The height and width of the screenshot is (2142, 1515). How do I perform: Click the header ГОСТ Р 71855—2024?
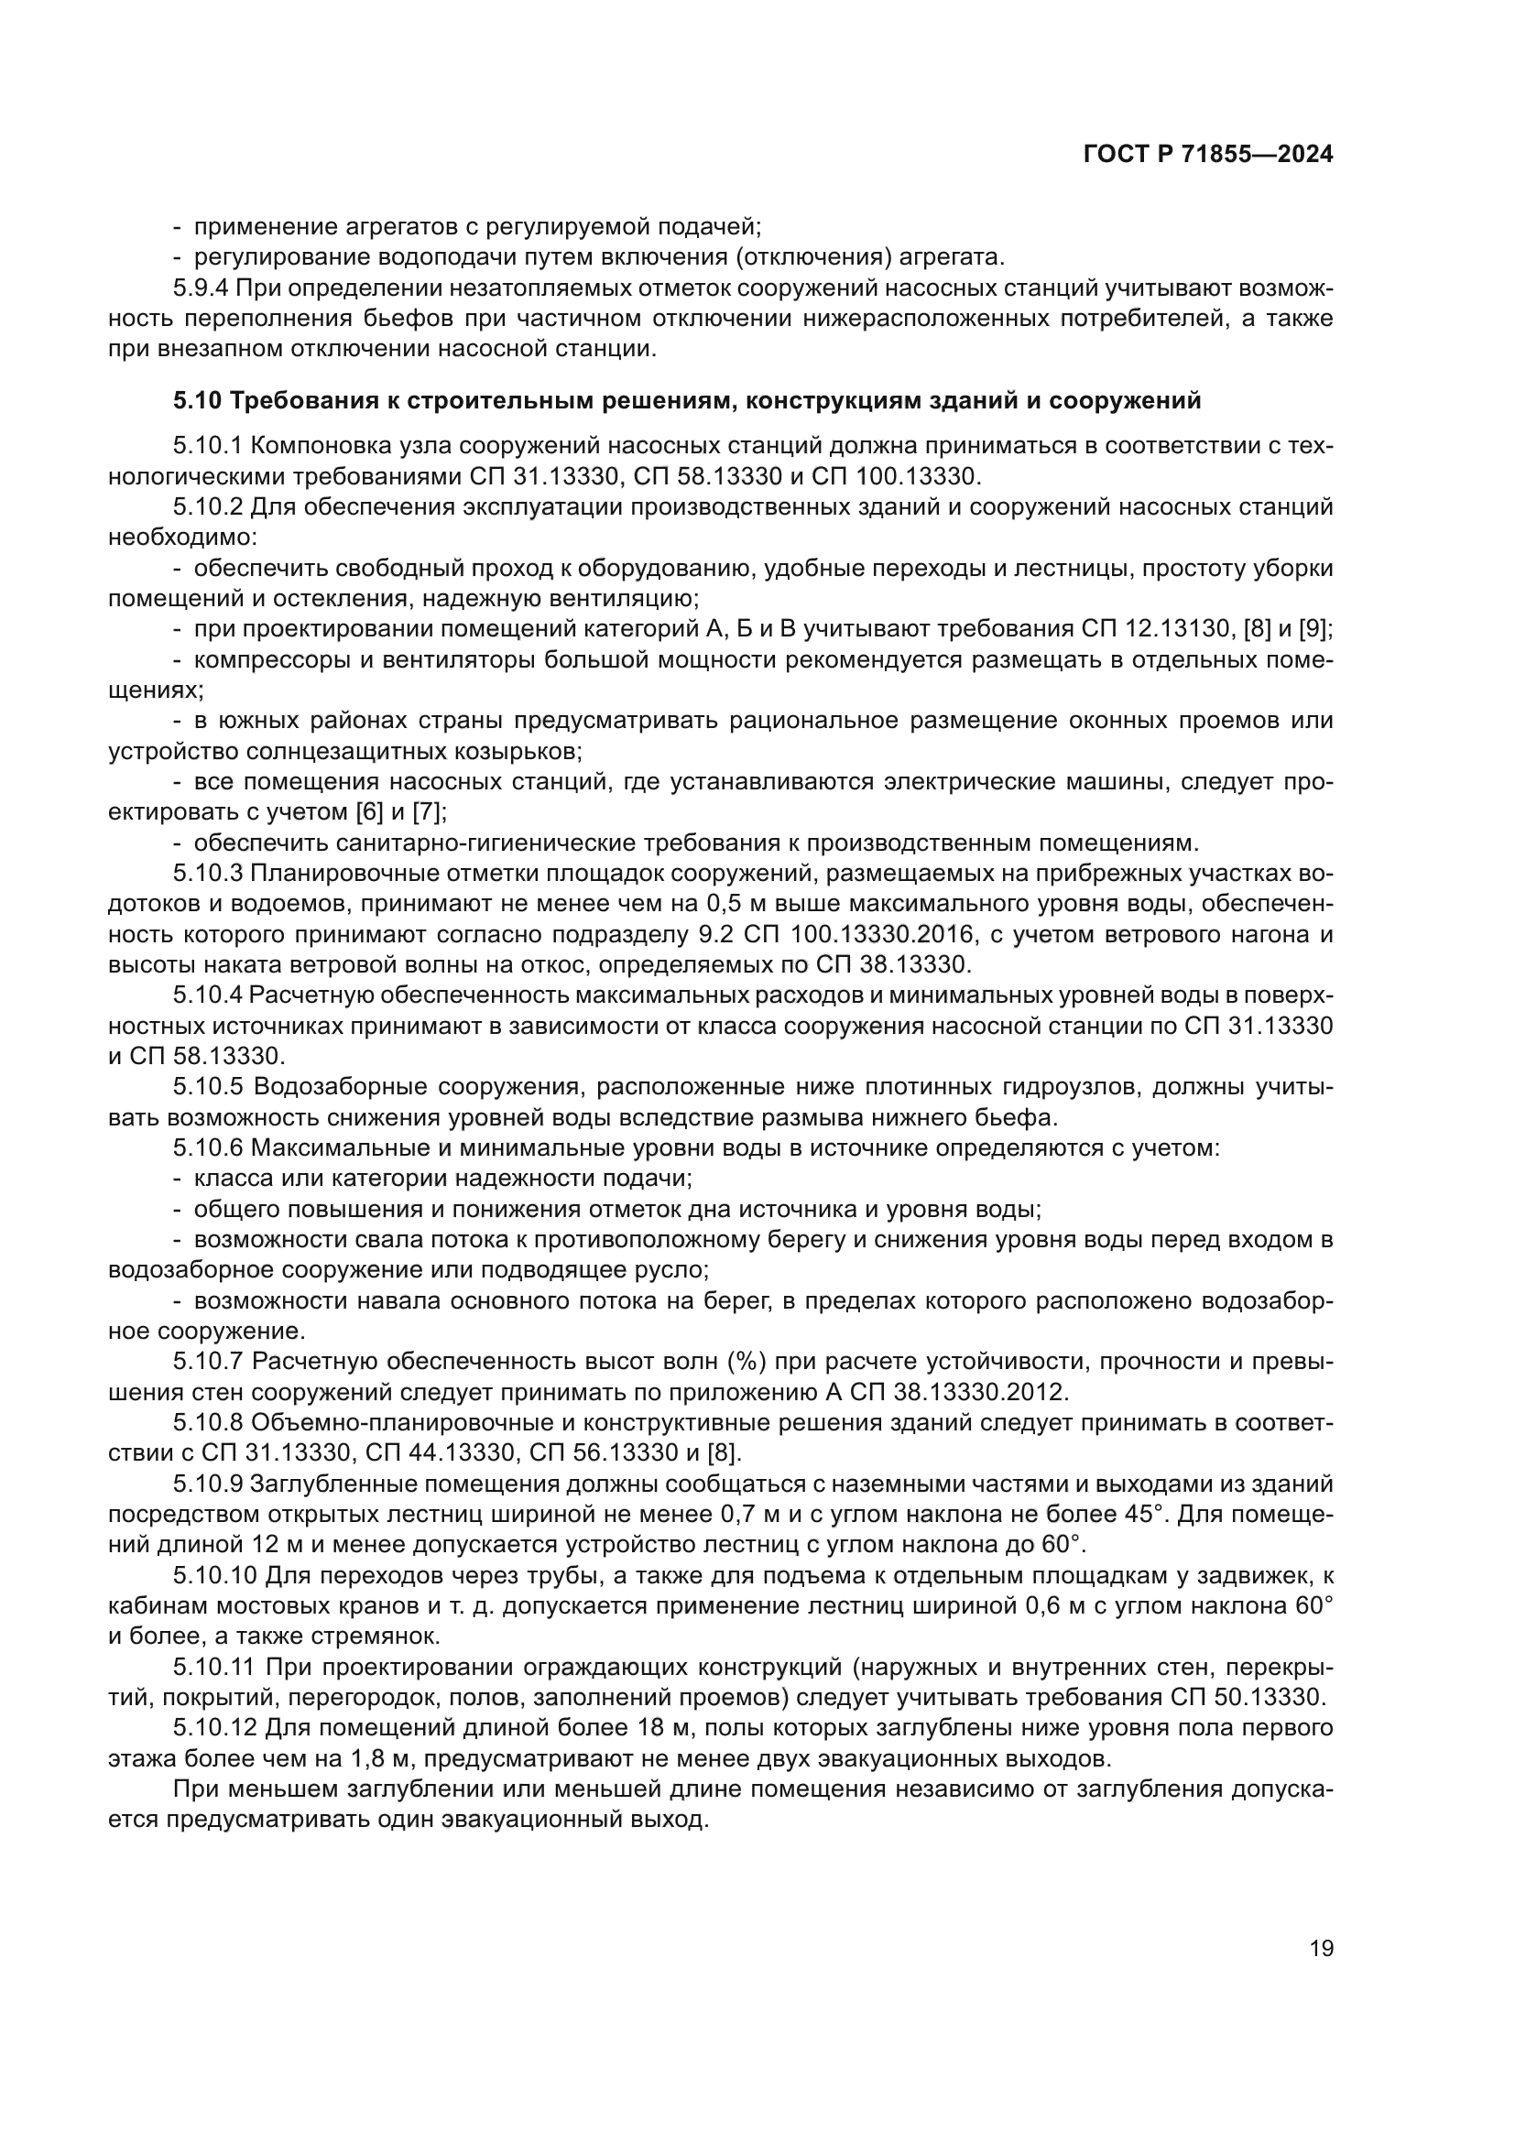pos(1208,155)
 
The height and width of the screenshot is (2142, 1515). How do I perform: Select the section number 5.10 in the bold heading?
pos(197,401)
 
